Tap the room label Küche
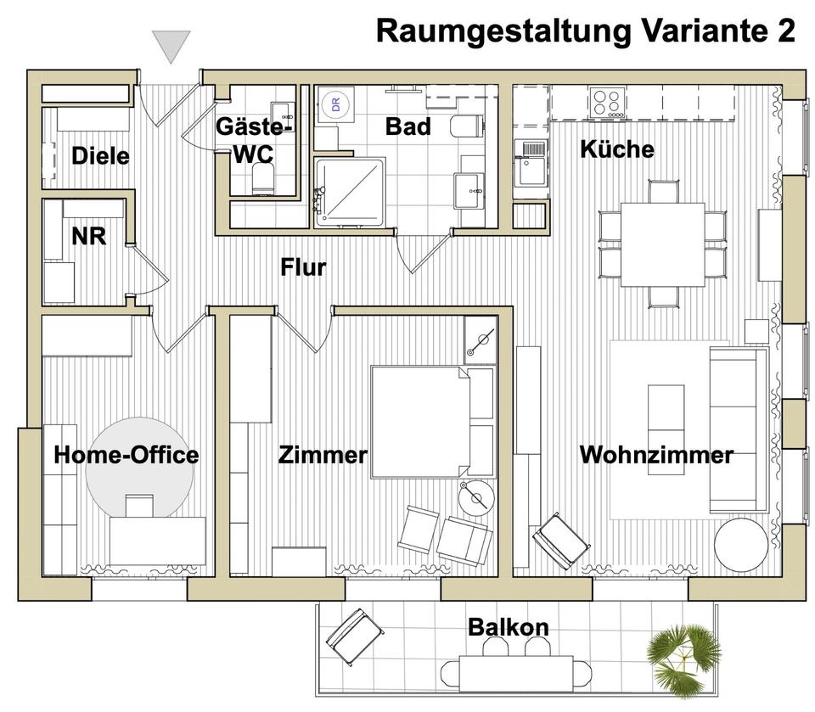coord(616,149)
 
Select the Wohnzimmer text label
coord(655,455)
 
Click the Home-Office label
coord(126,455)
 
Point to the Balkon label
coord(508,628)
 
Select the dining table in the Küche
coord(662,244)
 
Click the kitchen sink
coord(533,152)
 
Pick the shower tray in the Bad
coord(349,191)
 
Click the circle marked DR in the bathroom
coord(335,104)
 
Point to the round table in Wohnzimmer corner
coord(740,544)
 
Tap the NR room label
coord(88,236)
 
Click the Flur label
coord(303,267)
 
